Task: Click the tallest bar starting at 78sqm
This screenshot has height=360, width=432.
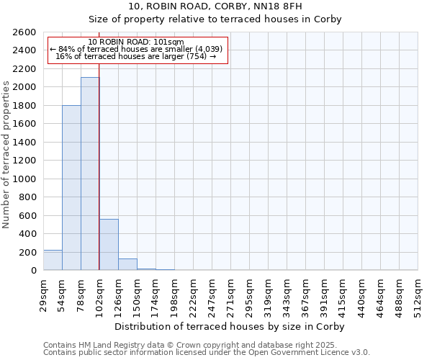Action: tap(90, 174)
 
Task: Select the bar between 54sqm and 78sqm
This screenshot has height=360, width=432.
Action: tap(71, 187)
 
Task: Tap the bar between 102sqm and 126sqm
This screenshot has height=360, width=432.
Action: tap(109, 245)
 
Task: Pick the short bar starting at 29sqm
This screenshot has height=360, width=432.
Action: tap(53, 261)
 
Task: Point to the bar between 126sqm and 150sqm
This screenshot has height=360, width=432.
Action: tap(127, 264)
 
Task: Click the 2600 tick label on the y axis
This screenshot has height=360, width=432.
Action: tap(25, 32)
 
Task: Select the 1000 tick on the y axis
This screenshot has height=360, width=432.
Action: tap(25, 179)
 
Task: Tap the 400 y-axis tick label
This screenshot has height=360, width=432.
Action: tap(28, 234)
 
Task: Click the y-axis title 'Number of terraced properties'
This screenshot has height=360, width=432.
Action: tap(6, 155)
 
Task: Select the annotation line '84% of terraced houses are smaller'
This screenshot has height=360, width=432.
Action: tap(137, 49)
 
